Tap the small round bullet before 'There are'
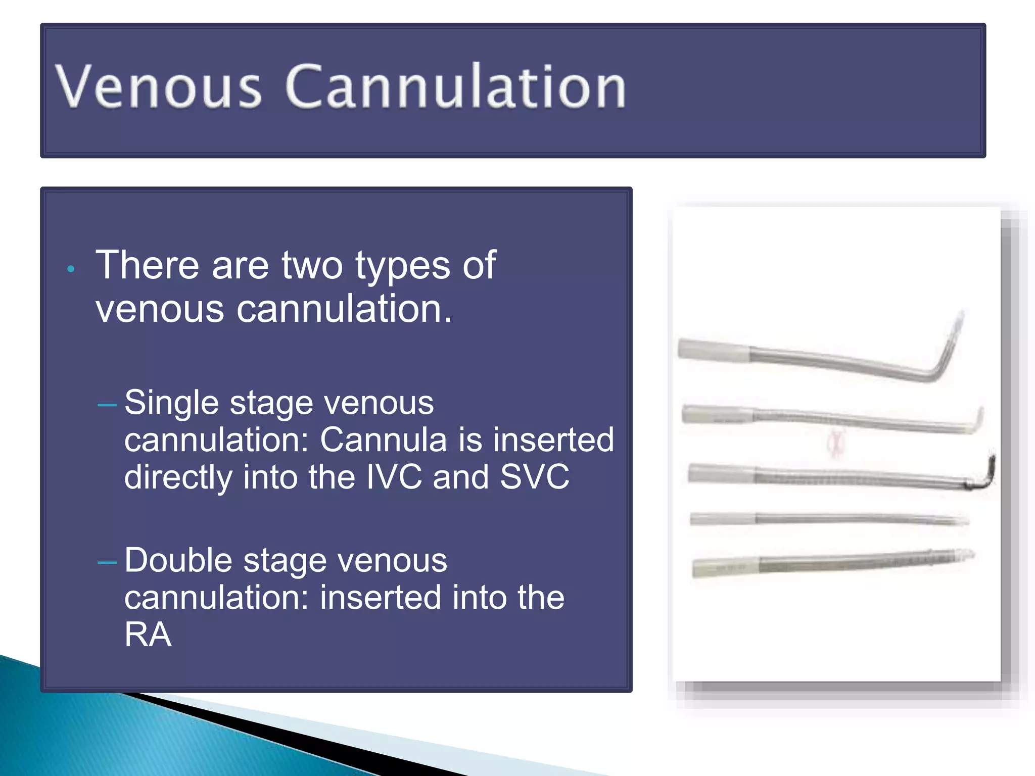pos(71,269)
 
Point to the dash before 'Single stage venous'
pos(107,405)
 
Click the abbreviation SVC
pos(534,477)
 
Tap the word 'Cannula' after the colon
pos(384,440)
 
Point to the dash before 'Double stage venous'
pos(107,562)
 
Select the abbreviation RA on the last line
pos(148,635)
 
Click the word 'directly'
pos(178,478)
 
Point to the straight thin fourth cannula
pos(829,519)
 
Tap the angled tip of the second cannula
pos(976,421)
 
